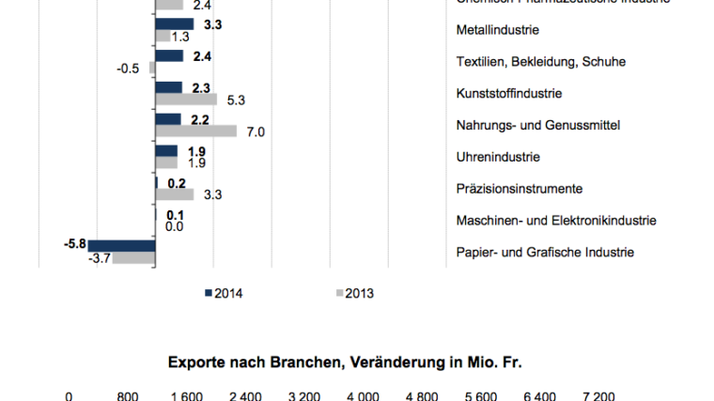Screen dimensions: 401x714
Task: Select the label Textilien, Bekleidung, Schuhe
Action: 540,62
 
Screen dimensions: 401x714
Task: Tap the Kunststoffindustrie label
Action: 508,94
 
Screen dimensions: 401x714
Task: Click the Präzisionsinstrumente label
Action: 519,189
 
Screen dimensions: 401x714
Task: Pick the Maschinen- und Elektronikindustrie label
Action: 555,221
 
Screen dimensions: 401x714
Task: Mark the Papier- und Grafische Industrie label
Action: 545,253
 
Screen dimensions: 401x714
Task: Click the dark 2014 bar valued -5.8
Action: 122,246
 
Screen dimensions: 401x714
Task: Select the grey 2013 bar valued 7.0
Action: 196,131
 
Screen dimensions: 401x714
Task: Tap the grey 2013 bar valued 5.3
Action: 186,100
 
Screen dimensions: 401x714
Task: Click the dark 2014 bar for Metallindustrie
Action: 175,24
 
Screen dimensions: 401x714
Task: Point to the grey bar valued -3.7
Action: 134,258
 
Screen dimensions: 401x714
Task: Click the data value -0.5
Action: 128,69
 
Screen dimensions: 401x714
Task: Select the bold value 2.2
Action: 199,119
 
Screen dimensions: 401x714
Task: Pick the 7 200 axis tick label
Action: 598,395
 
